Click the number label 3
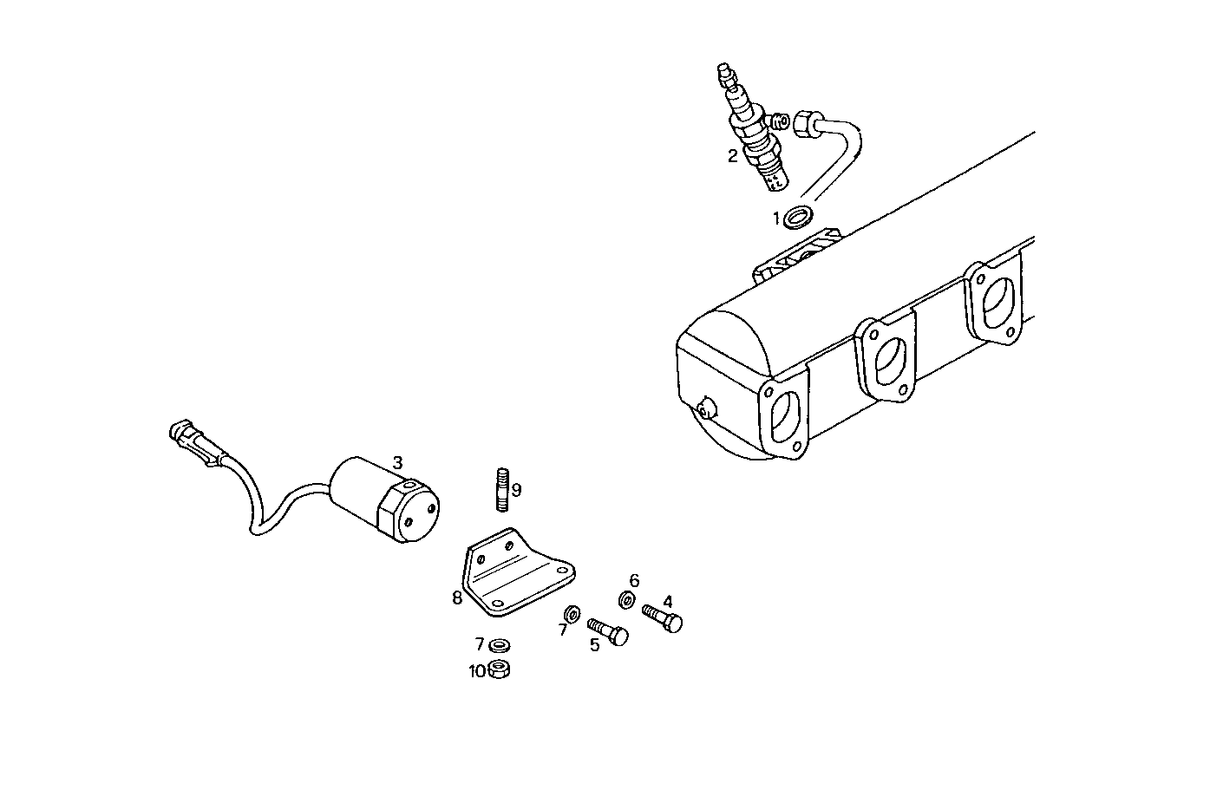pyautogui.click(x=396, y=461)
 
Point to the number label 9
pyautogui.click(x=517, y=490)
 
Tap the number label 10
pyautogui.click(x=477, y=671)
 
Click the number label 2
pyautogui.click(x=733, y=156)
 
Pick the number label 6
pyautogui.click(x=634, y=579)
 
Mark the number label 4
pyautogui.click(x=668, y=601)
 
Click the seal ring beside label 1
pyautogui.click(x=798, y=216)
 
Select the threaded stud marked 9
pyautogui.click(x=502, y=490)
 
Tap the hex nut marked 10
pyautogui.click(x=499, y=669)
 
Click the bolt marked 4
pyautogui.click(x=664, y=618)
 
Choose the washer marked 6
pyautogui.click(x=626, y=598)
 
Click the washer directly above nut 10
pyautogui.click(x=500, y=645)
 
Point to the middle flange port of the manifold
pyautogui.click(x=886, y=358)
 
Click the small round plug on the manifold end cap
pyautogui.click(x=707, y=407)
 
